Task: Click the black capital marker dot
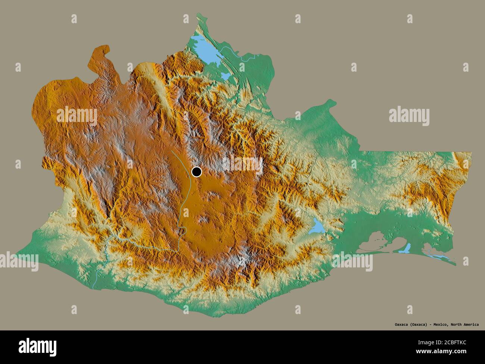(x=196, y=172)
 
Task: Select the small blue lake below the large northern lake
(x=226, y=76)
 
